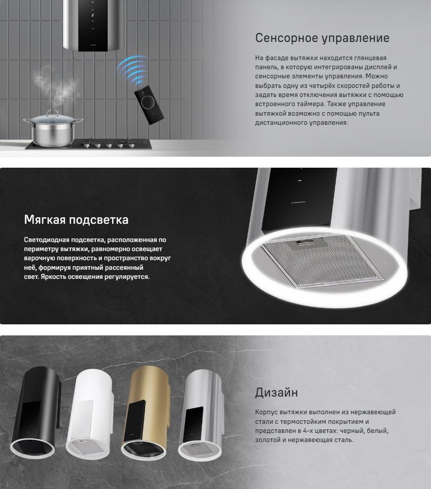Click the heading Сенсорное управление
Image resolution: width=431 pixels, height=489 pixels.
pos(322,38)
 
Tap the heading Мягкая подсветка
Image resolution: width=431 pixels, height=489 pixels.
pos(76,220)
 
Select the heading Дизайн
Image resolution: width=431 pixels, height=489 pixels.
pos(277,393)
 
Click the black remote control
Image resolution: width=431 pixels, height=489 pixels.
pos(149,105)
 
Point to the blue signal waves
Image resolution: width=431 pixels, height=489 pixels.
pos(132,69)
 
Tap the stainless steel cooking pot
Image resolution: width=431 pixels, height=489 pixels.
pos(53,128)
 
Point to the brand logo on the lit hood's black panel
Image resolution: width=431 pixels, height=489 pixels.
pos(298,203)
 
